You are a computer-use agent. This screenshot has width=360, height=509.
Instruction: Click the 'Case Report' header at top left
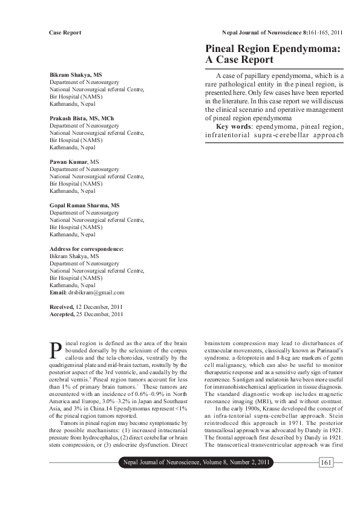[65, 32]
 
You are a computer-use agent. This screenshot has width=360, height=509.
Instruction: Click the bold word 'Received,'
[62, 307]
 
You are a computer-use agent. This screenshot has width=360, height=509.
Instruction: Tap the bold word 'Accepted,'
[62, 314]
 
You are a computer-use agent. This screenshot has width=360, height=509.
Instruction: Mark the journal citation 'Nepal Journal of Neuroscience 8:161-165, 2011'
[283, 32]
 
